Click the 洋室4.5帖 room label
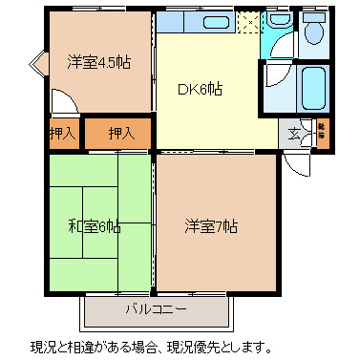98,62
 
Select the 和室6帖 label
94,226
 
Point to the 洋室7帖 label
211,226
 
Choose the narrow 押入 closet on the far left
62,133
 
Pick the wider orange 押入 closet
120,133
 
